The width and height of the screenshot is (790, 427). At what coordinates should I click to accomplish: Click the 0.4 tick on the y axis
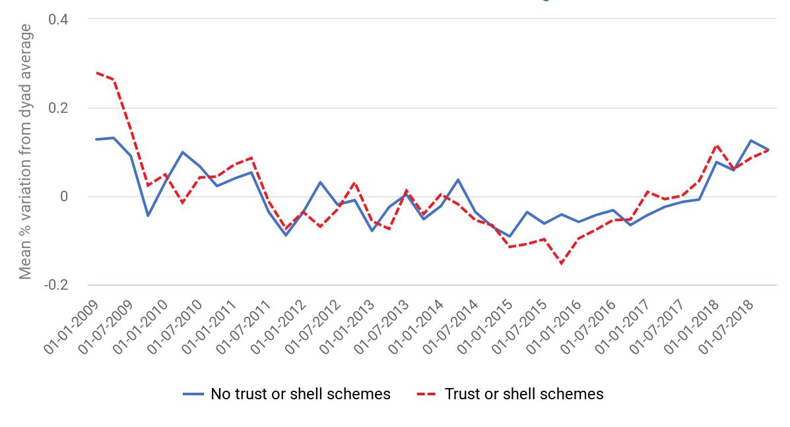pos(59,19)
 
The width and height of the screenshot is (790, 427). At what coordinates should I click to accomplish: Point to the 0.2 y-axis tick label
pos(59,108)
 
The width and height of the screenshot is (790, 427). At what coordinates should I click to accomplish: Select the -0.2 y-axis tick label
pos(56,285)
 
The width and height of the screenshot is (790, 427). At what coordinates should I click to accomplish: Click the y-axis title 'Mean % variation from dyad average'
pos(26,152)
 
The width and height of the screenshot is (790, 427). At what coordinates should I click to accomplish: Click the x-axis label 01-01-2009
pos(71,327)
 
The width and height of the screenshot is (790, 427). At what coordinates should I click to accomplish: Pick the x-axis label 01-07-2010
pos(174,327)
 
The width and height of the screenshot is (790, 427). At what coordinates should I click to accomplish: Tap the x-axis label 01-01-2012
pos(278,327)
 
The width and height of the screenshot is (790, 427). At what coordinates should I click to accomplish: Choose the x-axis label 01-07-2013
pos(381,327)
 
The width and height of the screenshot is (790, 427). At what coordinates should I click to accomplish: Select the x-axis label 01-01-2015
pos(484,327)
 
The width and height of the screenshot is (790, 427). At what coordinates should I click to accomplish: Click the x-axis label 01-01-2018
pos(691,327)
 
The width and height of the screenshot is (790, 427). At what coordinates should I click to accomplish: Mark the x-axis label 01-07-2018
pos(725,327)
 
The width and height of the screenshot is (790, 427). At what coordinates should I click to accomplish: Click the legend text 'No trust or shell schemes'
pos(300,394)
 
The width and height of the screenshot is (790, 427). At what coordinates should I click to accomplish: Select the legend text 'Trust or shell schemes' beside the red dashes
pos(524,394)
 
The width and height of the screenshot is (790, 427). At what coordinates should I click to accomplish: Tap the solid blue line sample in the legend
pos(193,395)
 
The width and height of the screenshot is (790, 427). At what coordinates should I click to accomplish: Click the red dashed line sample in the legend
pos(426,395)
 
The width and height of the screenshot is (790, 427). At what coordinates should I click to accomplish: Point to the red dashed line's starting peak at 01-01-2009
pos(96,73)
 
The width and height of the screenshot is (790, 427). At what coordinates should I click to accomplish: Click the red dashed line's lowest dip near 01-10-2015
pos(562,263)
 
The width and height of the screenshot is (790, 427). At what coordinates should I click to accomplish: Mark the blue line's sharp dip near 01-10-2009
pos(148,216)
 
